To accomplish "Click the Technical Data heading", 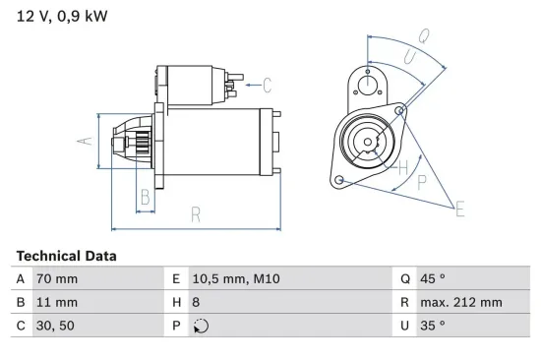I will pos(66,256).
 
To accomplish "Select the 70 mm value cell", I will pos(57,279).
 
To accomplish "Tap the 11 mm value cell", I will pos(57,302).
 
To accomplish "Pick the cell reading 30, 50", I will pos(54,325).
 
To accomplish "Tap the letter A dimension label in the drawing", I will pos(87,142).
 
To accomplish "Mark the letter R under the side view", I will pos(196,212).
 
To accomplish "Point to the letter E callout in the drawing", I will pos(458,208).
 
